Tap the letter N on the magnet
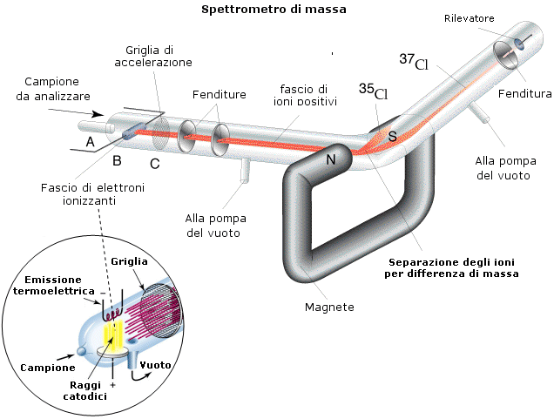click(331, 159)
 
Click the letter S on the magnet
click(392, 137)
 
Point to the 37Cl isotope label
click(414, 62)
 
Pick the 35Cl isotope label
click(374, 91)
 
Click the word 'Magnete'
click(329, 307)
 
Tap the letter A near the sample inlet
click(90, 141)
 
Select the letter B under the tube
click(117, 159)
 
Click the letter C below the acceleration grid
click(154, 163)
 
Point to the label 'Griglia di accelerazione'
click(153, 56)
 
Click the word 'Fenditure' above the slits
click(220, 94)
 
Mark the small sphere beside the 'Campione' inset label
click(81, 351)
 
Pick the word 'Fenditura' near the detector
click(525, 93)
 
